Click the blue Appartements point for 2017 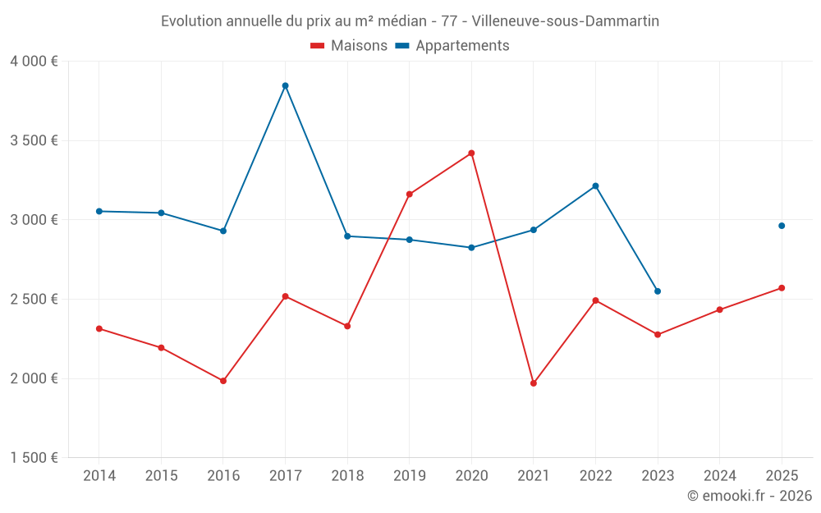[285, 85]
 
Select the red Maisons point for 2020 [471, 153]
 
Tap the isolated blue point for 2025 [782, 226]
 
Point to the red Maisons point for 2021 [534, 383]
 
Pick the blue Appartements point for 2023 [658, 291]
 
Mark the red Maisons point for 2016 [223, 381]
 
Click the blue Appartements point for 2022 [595, 186]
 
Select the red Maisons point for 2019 [409, 195]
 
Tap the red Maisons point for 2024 [720, 309]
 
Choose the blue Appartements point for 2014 [99, 211]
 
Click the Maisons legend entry [349, 46]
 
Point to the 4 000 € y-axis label [34, 62]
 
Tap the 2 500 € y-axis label [34, 300]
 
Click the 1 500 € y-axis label [34, 458]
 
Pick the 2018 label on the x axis [347, 476]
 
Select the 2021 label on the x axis [534, 476]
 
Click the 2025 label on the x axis [782, 476]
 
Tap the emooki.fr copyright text [750, 496]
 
